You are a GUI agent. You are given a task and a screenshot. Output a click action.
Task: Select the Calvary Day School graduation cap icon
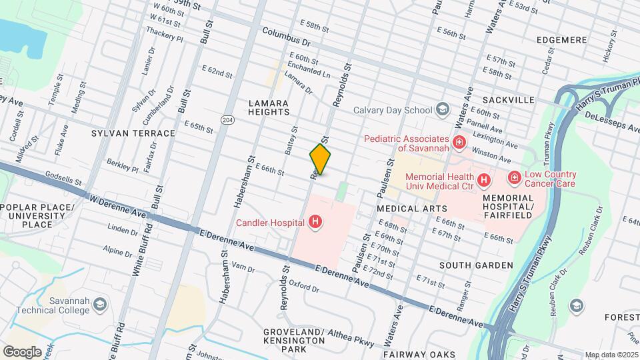[x=441, y=109]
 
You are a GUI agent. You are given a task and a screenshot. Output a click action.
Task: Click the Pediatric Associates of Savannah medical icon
[x=459, y=141]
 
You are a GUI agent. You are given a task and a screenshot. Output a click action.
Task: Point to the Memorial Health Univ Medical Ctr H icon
[x=484, y=179]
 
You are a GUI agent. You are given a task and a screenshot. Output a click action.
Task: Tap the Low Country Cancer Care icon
[x=515, y=177]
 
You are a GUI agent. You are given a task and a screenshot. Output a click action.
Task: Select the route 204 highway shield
[x=227, y=119]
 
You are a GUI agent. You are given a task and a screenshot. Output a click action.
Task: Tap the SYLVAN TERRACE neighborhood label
[x=133, y=133]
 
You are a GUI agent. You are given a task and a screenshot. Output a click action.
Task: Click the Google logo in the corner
[x=22, y=351]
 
